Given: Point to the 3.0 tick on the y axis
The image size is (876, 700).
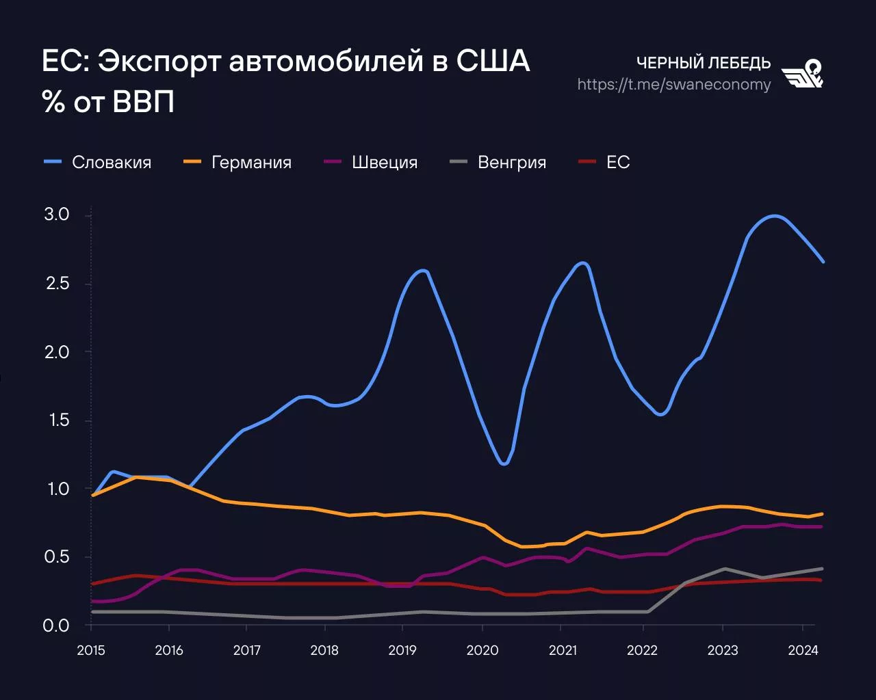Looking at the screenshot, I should [57, 215].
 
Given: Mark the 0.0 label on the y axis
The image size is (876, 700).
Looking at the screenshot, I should [57, 625].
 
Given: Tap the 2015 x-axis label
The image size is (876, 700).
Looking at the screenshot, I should [91, 650].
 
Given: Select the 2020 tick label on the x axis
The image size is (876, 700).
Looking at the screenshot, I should [482, 650].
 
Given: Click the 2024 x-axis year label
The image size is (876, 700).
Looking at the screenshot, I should [803, 650].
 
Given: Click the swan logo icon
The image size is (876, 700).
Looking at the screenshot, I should [803, 74].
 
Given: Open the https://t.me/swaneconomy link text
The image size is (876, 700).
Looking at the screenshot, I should [673, 84].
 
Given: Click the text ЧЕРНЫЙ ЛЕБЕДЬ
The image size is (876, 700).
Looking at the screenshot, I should [703, 63].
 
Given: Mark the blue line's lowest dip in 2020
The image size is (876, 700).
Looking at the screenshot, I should [504, 463].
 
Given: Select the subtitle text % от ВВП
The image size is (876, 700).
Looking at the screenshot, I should [108, 103].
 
